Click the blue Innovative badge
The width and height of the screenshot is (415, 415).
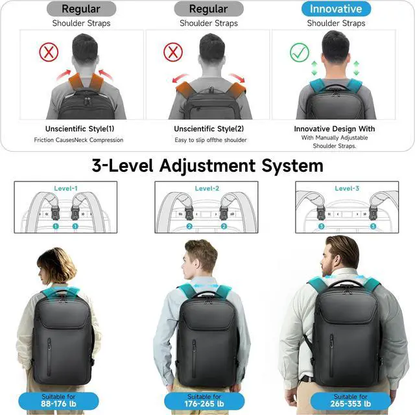tap(336, 9)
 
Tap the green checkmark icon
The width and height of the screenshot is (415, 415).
tap(300, 52)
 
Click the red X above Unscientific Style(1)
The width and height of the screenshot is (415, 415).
tap(49, 52)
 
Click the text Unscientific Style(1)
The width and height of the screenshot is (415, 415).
tap(80, 128)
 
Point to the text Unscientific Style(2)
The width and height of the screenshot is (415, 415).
tap(209, 128)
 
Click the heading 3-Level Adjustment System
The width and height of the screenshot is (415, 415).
tap(207, 165)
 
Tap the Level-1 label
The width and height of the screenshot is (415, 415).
tap(65, 189)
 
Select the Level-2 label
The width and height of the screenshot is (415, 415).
tap(207, 189)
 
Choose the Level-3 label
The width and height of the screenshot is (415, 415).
tap(348, 189)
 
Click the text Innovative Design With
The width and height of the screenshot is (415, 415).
tap(335, 128)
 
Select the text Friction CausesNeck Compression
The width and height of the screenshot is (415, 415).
tap(78, 140)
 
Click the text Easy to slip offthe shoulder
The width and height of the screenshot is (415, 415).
tap(211, 140)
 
